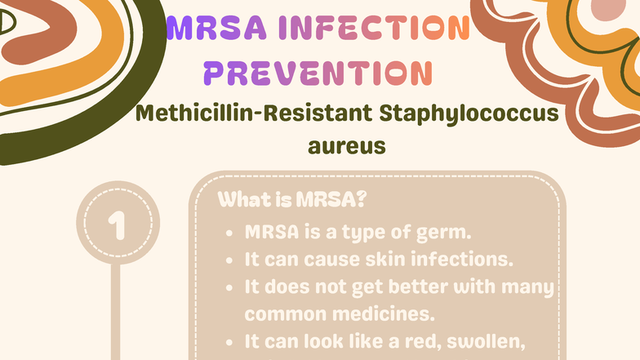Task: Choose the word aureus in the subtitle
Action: click(346, 148)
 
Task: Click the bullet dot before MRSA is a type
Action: click(231, 233)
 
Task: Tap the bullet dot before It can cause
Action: click(231, 260)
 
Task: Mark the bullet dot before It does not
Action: click(231, 288)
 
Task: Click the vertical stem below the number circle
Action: click(115, 310)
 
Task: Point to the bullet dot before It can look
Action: click(231, 340)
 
